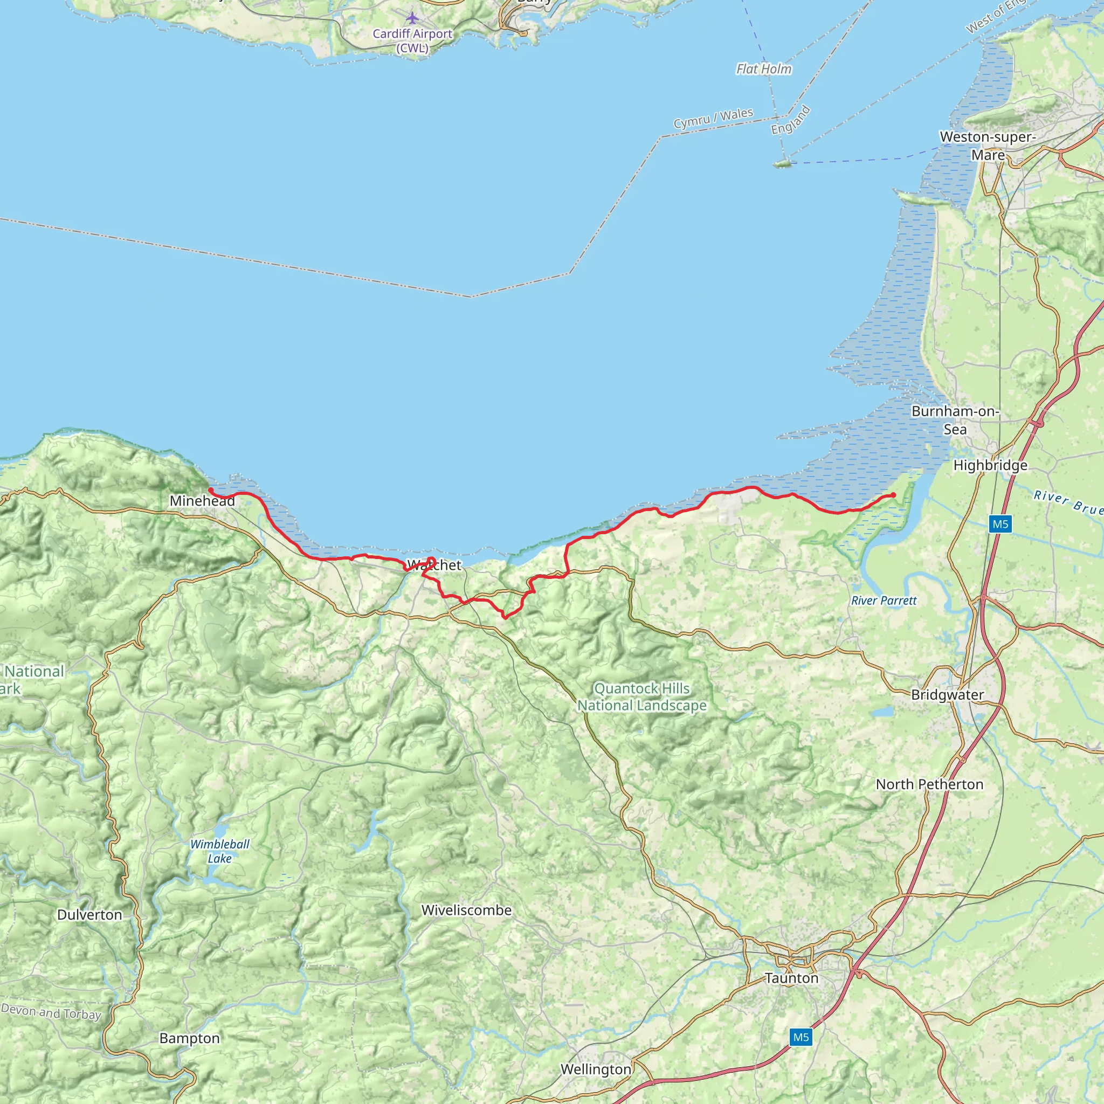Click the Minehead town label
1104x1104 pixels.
coord(202,501)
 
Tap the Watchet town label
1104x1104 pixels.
coord(434,565)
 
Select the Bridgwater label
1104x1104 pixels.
coord(948,695)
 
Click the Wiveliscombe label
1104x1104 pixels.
coord(466,910)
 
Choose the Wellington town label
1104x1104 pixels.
coord(596,1069)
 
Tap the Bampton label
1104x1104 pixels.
coord(189,1038)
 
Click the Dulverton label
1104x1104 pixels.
coord(89,915)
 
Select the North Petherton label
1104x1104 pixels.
coord(930,784)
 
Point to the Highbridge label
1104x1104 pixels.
coord(990,466)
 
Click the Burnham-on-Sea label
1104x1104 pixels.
coord(955,420)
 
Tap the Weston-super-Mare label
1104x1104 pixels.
coord(988,146)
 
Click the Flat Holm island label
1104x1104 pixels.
coord(764,69)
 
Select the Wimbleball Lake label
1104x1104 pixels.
coord(219,851)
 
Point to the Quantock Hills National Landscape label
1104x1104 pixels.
coord(641,696)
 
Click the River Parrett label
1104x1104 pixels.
coord(884,601)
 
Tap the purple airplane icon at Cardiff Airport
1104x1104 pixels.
coord(412,18)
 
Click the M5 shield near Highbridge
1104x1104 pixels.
coord(1000,524)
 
